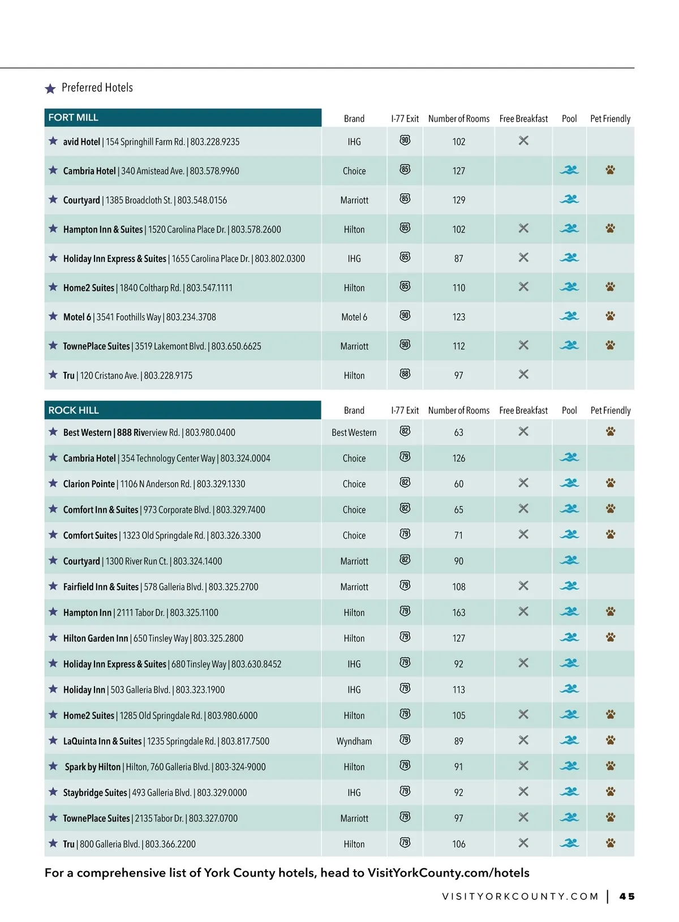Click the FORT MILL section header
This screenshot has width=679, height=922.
[x=74, y=118]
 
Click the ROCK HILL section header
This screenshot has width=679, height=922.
[x=74, y=410]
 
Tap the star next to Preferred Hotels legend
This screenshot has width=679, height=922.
[x=50, y=89]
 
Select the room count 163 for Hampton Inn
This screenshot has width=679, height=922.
[x=459, y=612]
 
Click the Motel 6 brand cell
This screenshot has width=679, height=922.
[x=354, y=318]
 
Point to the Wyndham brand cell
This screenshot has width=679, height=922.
[x=354, y=741]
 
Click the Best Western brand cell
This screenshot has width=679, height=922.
[x=354, y=433]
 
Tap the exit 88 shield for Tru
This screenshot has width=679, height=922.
[x=405, y=374]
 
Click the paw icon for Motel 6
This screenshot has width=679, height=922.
[x=610, y=316]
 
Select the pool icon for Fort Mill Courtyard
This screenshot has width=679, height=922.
[x=569, y=199]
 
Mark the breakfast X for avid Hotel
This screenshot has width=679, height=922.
[x=523, y=140]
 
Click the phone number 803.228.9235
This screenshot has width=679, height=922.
[x=215, y=142]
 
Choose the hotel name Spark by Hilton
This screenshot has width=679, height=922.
[x=93, y=767]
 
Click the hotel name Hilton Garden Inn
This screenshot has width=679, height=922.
[x=96, y=638]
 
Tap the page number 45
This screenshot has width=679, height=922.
[x=627, y=897]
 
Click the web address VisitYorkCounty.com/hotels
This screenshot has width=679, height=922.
[x=448, y=873]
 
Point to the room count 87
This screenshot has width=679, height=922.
[x=459, y=259]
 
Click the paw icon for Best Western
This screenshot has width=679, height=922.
[x=610, y=431]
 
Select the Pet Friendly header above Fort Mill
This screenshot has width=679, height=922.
[x=610, y=119]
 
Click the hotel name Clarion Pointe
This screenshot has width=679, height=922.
[x=89, y=484]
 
